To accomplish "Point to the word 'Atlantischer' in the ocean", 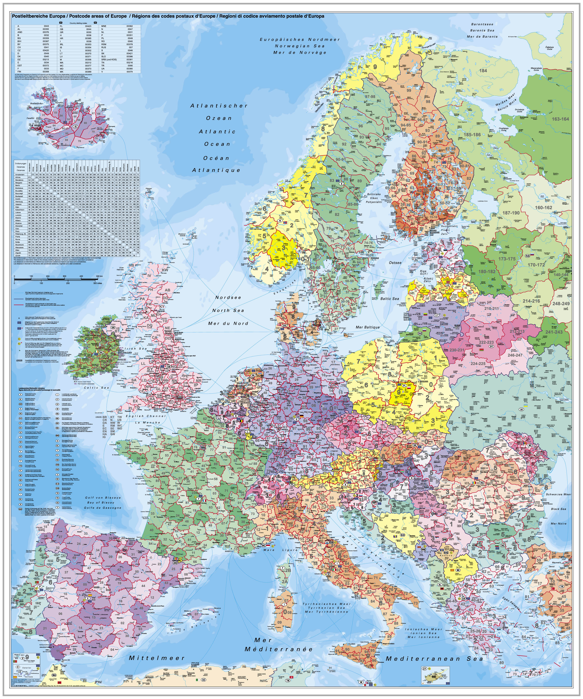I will tap(219, 106).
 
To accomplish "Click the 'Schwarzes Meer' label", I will tap(558, 494).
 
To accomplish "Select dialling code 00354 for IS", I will tap(88, 47).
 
